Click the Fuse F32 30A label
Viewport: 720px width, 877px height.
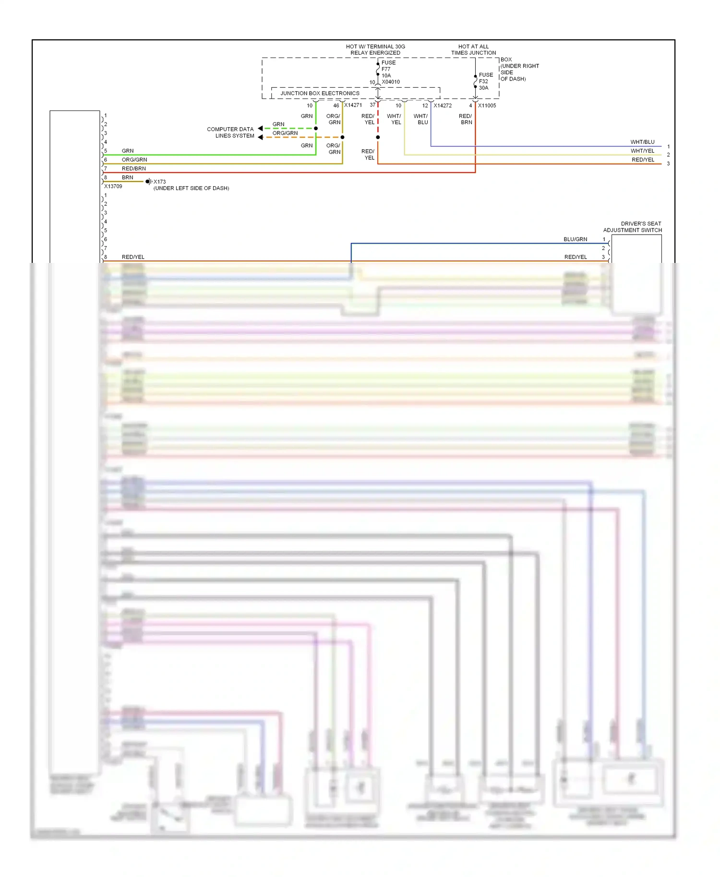point(485,81)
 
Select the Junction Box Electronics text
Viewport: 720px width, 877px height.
point(320,93)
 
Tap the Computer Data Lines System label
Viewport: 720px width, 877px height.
point(230,132)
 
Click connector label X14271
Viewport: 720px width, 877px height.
point(353,105)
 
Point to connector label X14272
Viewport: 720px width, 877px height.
point(443,106)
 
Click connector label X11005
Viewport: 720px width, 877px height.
point(487,106)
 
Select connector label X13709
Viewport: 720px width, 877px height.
point(113,186)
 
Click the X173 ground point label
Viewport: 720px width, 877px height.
point(159,182)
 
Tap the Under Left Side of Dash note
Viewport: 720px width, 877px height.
point(191,188)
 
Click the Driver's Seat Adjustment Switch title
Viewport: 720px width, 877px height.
point(633,227)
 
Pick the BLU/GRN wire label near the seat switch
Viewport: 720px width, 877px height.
point(575,239)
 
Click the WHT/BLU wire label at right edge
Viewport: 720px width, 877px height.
point(642,142)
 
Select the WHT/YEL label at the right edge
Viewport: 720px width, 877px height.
point(642,151)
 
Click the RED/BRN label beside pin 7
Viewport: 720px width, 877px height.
point(134,168)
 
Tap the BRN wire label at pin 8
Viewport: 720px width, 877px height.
point(127,178)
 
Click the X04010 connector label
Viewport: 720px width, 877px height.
point(391,82)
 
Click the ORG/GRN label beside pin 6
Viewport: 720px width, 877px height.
point(134,160)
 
